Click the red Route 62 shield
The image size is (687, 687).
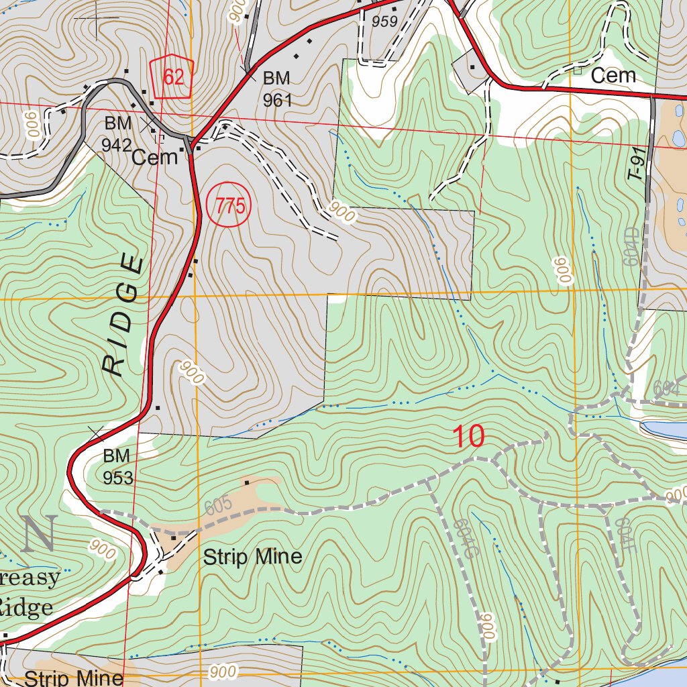pyautogui.click(x=172, y=76)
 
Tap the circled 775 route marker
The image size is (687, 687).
pyautogui.click(x=228, y=206)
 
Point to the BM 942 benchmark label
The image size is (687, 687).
pyautogui.click(x=117, y=134)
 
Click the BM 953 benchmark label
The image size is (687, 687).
pyautogui.click(x=117, y=467)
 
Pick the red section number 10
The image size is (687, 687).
pyautogui.click(x=468, y=437)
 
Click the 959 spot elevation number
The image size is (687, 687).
pyautogui.click(x=384, y=21)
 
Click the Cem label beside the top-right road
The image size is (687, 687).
pyautogui.click(x=613, y=76)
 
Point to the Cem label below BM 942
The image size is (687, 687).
pyautogui.click(x=154, y=158)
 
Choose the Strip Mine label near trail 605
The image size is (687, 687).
pyautogui.click(x=252, y=557)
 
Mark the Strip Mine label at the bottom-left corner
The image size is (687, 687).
pyautogui.click(x=74, y=677)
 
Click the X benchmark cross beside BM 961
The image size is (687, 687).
pyautogui.click(x=248, y=71)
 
